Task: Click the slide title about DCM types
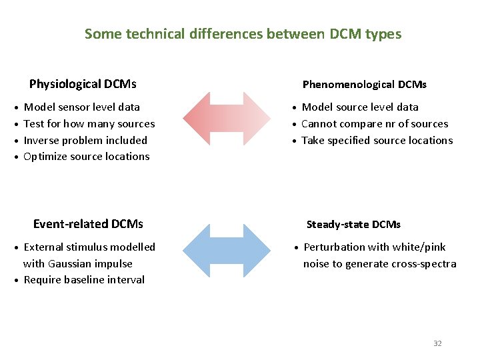(243, 33)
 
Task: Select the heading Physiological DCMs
(83, 84)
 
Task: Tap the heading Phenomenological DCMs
(364, 85)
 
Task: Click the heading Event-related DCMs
(88, 224)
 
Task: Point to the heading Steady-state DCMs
(353, 225)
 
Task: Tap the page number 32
(437, 343)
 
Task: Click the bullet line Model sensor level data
(82, 107)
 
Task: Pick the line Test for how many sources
(89, 123)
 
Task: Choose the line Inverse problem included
(85, 140)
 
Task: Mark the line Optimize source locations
(87, 157)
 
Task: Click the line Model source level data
(360, 107)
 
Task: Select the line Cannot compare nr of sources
(375, 123)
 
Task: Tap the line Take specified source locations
(377, 140)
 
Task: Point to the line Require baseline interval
(84, 280)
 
